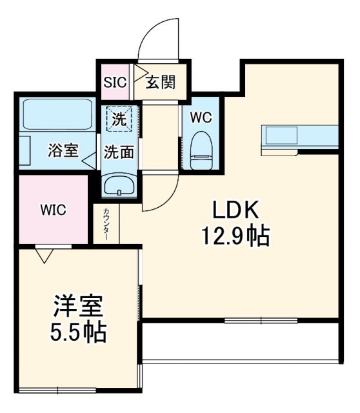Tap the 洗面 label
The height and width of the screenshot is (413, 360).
coord(119,152)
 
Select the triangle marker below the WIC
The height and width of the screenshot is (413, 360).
coord(43,257)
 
